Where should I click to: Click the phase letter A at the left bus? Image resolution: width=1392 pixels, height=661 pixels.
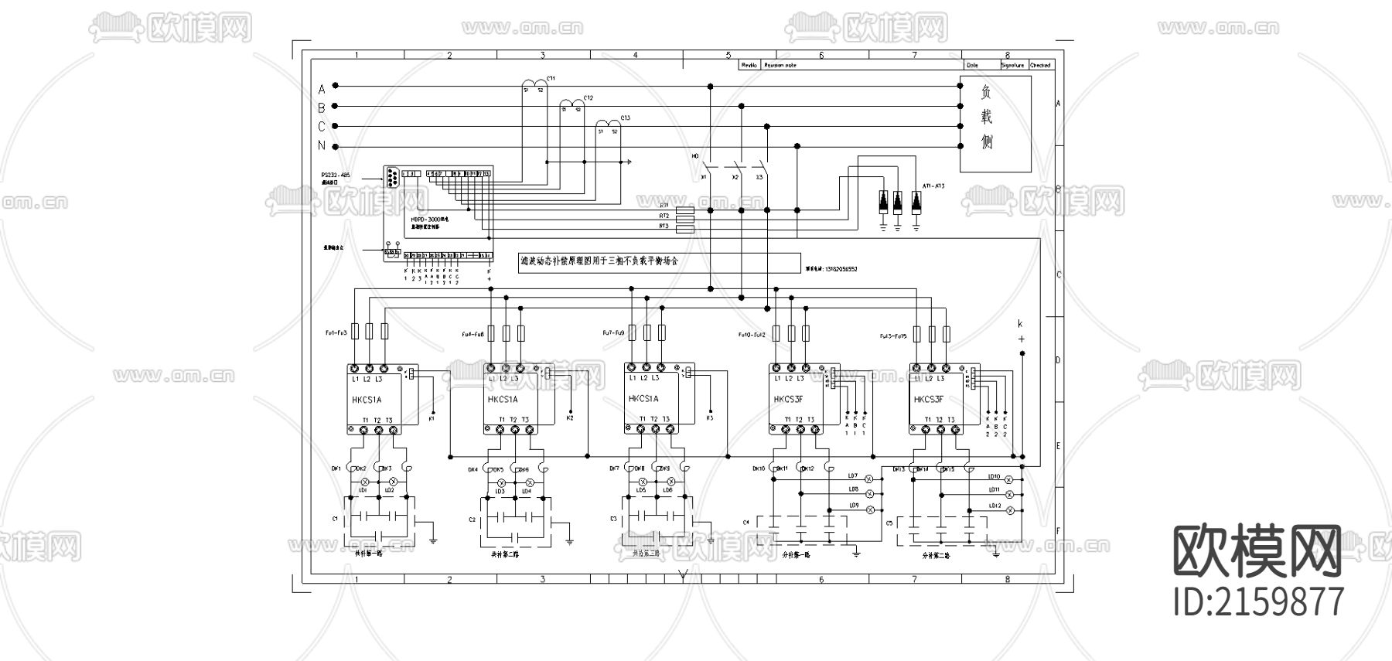pos(322,88)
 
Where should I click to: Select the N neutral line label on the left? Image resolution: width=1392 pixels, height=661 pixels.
pos(322,146)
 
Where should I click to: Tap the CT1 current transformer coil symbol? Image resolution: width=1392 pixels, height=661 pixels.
pos(532,83)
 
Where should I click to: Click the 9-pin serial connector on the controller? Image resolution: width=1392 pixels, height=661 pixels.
pos(393,179)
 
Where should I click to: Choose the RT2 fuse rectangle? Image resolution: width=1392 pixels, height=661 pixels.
pos(685,217)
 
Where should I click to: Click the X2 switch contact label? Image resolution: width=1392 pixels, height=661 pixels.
pos(735,178)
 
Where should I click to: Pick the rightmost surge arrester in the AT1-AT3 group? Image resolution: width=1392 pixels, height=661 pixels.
pos(916,202)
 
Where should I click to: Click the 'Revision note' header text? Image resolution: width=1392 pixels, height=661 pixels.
pos(780,66)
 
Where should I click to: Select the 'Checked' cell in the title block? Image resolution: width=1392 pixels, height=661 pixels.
pos(1040,66)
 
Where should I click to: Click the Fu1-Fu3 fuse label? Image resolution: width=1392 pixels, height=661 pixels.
pos(336,333)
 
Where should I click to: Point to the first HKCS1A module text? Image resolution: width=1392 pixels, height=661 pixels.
pos(367,400)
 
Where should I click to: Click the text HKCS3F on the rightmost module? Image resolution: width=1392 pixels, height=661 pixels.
pos(929,400)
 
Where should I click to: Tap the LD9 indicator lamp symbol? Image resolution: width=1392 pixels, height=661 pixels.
pos(869,510)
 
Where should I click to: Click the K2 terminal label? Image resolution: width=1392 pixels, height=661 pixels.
pos(570,418)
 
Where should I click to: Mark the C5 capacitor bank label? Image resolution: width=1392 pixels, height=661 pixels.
pos(889,523)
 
